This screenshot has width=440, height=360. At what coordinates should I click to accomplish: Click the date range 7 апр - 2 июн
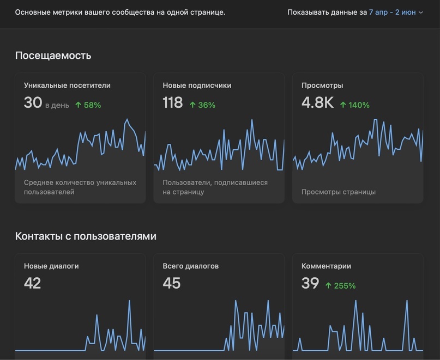tap(393, 13)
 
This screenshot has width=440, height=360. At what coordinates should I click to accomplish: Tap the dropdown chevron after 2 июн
tap(420, 13)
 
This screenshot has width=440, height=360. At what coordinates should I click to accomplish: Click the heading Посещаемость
tap(53, 56)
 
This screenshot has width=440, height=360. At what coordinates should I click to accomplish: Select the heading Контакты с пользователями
tap(86, 236)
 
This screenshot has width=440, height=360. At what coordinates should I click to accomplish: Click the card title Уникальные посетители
tap(67, 85)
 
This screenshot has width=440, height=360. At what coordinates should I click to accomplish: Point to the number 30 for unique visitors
tap(33, 102)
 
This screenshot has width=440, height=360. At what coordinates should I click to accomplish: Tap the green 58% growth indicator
tap(88, 105)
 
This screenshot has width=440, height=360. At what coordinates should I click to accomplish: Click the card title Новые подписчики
tap(197, 85)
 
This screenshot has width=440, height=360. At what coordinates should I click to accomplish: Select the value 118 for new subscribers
tap(173, 102)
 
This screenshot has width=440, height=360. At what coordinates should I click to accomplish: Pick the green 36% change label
tap(202, 105)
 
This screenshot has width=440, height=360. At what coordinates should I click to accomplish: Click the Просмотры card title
tap(322, 85)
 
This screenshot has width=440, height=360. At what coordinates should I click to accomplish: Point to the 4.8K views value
tap(318, 102)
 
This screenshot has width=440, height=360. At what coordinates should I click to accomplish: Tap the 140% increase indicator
tap(355, 105)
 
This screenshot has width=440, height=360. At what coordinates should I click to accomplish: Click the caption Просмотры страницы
tap(339, 192)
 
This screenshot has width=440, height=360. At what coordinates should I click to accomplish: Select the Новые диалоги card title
tap(51, 266)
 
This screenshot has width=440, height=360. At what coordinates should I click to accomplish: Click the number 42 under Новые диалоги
tap(32, 283)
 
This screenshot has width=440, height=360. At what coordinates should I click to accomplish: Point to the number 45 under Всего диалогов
tap(171, 283)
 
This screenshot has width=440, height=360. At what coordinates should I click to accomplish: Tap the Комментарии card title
tap(326, 266)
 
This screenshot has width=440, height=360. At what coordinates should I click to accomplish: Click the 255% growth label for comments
tap(340, 286)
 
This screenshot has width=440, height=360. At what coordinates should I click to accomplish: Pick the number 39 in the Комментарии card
tap(310, 283)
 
